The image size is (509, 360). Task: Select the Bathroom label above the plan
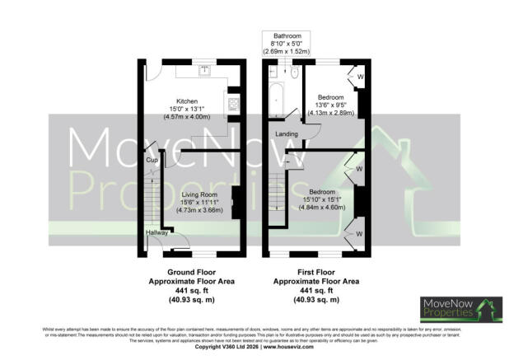(286, 36)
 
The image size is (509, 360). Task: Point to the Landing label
(286, 133)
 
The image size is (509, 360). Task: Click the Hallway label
(156, 233)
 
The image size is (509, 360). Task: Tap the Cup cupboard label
(152, 161)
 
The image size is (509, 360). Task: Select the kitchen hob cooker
(233, 105)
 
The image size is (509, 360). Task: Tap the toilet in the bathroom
(273, 72)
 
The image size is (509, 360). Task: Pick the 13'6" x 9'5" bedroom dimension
(335, 105)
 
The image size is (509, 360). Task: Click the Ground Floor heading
(190, 270)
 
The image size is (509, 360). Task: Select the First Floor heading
(317, 270)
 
